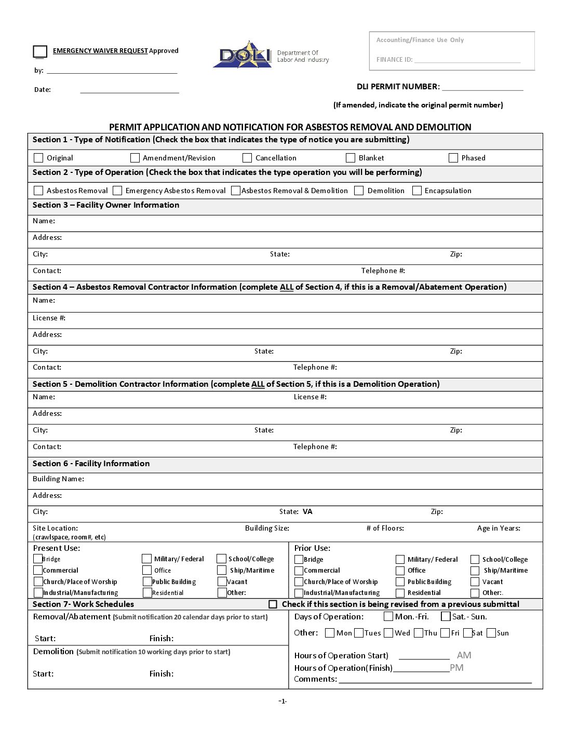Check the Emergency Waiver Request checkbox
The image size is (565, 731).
coord(40,51)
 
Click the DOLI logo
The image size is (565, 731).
coord(243,55)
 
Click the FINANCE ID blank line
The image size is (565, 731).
coord(467,60)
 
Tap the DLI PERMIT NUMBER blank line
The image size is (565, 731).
coord(482,87)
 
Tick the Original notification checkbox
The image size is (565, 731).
coord(38,158)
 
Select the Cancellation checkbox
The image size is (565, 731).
coord(247,158)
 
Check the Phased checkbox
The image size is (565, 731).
coord(453,158)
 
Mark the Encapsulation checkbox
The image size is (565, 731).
coord(416,191)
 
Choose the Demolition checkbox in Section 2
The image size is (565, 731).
coord(359,191)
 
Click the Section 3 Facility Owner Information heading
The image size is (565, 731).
coord(106,205)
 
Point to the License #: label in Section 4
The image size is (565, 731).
coord(49,318)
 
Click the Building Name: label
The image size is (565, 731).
coord(58,479)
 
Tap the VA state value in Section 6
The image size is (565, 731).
coord(307,511)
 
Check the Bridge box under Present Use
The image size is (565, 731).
coord(38,559)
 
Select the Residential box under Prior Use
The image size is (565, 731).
coord(400,593)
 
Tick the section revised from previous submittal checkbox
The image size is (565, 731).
coord(273,604)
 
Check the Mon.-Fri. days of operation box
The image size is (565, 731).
coord(388,617)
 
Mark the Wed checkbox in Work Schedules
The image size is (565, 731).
coord(388,633)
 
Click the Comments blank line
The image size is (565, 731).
coord(435,680)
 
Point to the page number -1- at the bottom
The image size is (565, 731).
coord(282,701)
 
